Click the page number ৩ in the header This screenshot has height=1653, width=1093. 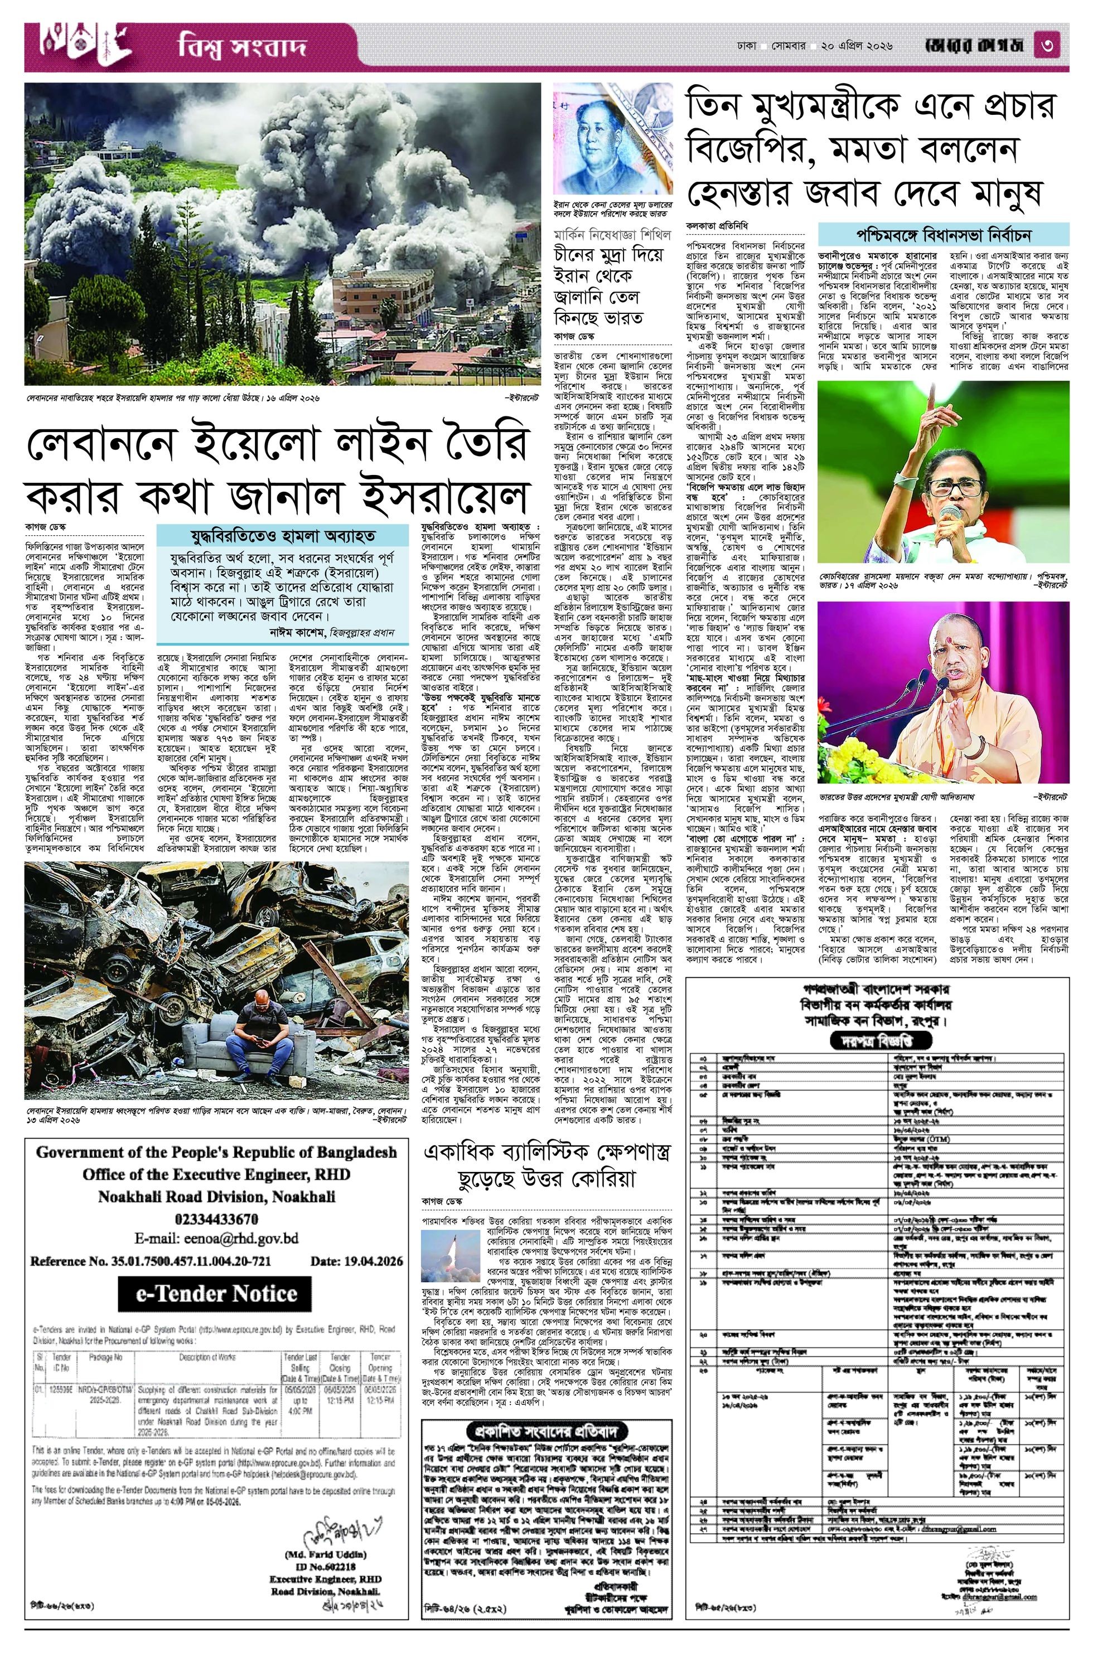1057,48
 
